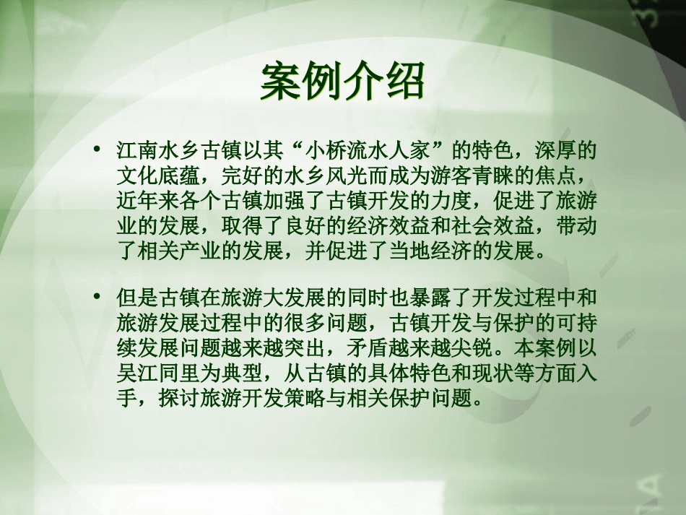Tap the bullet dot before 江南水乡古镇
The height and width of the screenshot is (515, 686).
tap(96, 150)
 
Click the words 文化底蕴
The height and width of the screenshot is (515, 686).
tap(157, 176)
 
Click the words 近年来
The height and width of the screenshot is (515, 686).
tap(147, 200)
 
